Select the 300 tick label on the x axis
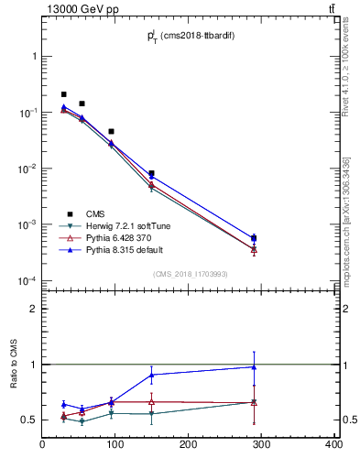(261, 444)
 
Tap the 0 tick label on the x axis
(43, 444)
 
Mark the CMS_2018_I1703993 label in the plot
(189, 274)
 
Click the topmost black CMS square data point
(63, 94)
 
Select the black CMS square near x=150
(151, 173)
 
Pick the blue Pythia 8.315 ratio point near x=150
(151, 375)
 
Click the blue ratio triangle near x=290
(254, 367)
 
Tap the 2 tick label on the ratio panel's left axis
(33, 309)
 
